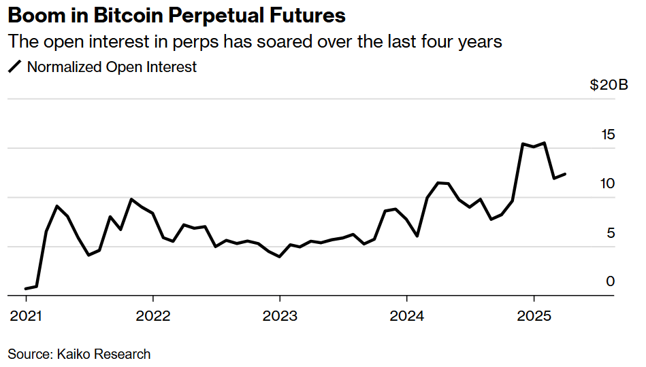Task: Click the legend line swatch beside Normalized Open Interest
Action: point(14,67)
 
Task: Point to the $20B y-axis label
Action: point(609,86)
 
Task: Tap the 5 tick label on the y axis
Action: point(611,232)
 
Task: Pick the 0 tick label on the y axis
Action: point(611,281)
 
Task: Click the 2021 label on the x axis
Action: point(27,316)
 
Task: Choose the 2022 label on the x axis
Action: point(153,316)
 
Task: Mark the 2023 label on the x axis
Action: point(280,316)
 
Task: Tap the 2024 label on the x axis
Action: point(406,316)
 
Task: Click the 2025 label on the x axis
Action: point(534,316)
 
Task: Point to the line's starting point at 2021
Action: point(27,289)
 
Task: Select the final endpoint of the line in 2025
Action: point(565,174)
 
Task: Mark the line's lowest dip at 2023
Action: point(280,256)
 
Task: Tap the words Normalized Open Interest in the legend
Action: point(112,67)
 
